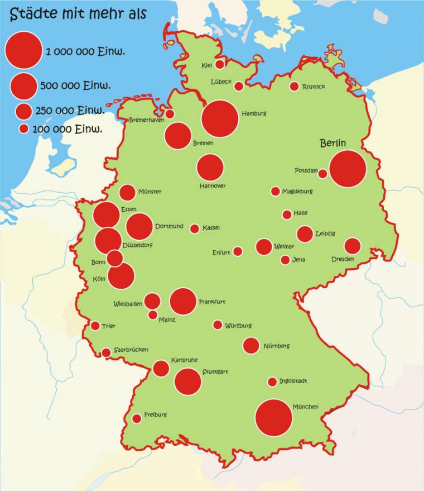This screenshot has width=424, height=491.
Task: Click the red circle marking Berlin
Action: pos(348,169)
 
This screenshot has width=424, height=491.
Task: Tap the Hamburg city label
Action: pos(254,114)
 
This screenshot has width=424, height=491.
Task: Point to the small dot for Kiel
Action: pos(220,65)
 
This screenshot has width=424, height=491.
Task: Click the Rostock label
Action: pos(313,87)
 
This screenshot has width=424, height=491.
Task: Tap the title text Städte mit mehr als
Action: pos(78,13)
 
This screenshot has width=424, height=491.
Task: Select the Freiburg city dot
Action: pos(137,418)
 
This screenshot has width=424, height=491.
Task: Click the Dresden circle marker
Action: pos(353,246)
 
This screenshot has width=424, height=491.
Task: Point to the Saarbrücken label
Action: pos(131,350)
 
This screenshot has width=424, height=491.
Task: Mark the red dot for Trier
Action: pos(95,326)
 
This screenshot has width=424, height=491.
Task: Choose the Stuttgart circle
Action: pos(187,380)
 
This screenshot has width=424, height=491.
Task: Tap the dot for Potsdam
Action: pos(322,174)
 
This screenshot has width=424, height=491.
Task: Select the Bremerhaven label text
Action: pos(147,120)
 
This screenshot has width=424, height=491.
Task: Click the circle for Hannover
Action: pos(210,168)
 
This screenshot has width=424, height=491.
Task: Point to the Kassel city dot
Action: pos(195,228)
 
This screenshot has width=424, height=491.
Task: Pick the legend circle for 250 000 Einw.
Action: pos(23,111)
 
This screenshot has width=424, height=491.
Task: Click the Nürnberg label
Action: pos(276,346)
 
